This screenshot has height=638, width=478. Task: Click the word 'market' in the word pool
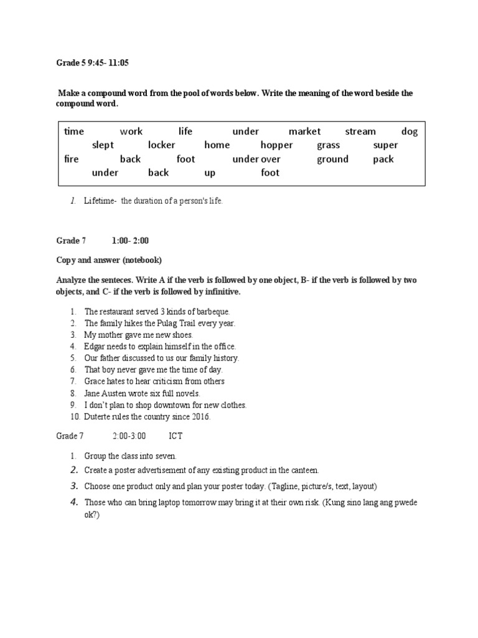(304, 131)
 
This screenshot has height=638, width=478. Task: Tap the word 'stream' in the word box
(360, 131)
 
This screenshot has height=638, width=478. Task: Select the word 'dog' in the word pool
(410, 131)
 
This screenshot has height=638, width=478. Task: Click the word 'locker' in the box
(162, 145)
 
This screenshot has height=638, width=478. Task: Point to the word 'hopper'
(276, 145)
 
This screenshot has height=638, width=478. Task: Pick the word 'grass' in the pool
(328, 145)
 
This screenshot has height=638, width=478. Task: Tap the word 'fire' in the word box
(72, 159)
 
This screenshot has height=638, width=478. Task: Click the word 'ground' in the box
(332, 159)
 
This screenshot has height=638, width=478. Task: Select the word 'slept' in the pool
(103, 145)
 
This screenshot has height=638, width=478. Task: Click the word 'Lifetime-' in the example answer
(100, 201)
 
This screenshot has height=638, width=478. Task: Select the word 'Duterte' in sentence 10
(99, 417)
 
